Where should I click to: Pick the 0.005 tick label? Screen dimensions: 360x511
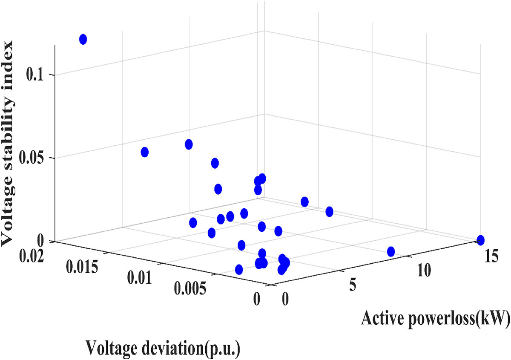190,289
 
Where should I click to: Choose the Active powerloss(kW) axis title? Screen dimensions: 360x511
435,317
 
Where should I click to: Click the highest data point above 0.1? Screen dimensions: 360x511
83,40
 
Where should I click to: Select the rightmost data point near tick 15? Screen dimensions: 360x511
480,240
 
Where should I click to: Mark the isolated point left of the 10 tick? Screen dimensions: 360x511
391,251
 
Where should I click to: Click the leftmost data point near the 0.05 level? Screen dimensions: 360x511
145,152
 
